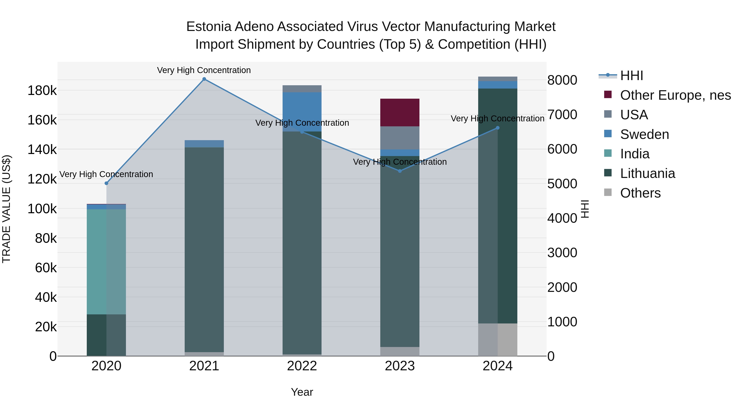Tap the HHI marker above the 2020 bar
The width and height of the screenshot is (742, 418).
pos(106,183)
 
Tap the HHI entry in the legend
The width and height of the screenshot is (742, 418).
pos(631,76)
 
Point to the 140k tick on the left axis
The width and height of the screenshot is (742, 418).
pos(42,150)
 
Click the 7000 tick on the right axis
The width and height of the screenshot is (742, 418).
pos(562,115)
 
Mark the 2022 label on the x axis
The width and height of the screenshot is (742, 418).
pos(302,366)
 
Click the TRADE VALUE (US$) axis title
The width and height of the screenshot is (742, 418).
pos(6,209)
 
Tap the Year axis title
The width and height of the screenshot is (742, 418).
pos(302,392)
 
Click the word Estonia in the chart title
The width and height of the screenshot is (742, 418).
pos(209,27)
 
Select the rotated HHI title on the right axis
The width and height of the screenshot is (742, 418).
pos(585,209)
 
